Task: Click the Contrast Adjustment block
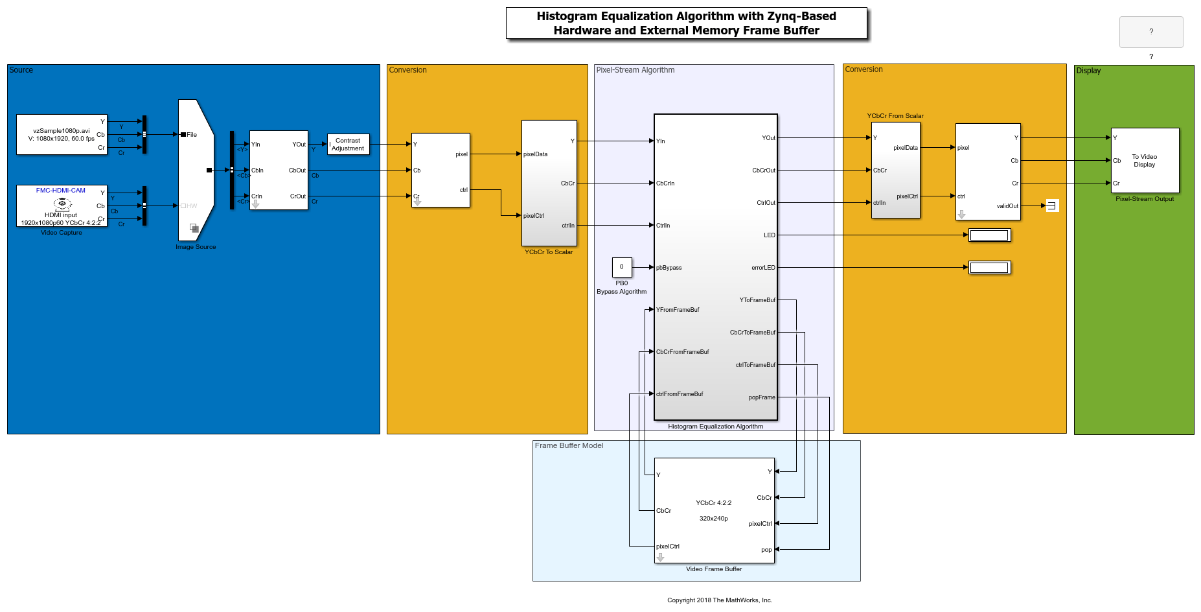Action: click(348, 145)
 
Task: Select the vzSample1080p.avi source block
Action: click(62, 135)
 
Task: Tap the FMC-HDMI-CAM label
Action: click(61, 191)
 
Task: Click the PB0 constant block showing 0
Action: click(622, 267)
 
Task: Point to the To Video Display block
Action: click(1145, 161)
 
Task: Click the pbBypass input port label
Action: click(669, 268)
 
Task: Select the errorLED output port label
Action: click(763, 268)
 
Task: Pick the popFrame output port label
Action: click(762, 397)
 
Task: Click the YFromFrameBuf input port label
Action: click(678, 310)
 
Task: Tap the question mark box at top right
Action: click(1151, 32)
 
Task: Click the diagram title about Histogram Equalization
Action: click(686, 23)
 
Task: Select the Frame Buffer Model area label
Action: click(569, 445)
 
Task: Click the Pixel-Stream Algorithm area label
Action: click(635, 70)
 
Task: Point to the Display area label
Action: click(1088, 71)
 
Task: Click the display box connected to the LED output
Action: click(989, 235)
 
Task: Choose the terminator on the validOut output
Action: click(1052, 206)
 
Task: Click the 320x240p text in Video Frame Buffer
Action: click(713, 519)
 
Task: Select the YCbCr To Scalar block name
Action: click(549, 252)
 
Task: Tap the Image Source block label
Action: click(196, 247)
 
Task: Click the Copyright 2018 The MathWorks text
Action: click(720, 600)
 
